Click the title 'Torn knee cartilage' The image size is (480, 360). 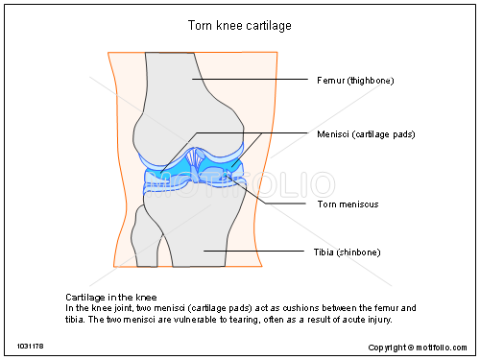click(239, 25)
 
